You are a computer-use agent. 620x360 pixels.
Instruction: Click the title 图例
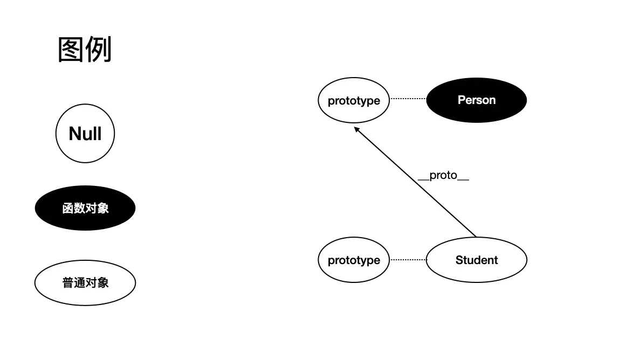85,50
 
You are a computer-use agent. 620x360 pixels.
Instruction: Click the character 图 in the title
71,50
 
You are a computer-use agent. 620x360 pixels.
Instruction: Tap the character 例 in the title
98,50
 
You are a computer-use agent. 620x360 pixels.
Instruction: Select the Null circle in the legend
85,134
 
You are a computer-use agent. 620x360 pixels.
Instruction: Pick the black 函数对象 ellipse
85,208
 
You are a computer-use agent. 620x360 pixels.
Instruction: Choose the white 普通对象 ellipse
85,282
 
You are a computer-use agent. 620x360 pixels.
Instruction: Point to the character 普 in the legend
68,282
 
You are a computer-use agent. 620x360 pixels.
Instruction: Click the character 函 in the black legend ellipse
68,208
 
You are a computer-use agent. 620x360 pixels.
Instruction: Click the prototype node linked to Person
354,100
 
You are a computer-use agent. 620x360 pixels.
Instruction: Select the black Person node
476,100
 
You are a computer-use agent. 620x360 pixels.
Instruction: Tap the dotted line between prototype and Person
408,99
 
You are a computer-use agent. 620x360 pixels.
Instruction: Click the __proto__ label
443,176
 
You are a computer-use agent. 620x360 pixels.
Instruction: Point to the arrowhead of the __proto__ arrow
356,128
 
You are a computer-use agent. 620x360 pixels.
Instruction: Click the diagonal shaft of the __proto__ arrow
415,182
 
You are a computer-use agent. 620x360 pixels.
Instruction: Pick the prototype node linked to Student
354,260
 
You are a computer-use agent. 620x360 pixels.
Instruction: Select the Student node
476,260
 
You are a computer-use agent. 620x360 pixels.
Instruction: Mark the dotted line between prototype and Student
408,260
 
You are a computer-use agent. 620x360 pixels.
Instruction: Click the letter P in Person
461,100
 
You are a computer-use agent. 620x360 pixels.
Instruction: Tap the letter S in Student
459,260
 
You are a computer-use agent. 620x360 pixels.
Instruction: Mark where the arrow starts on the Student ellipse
476,237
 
